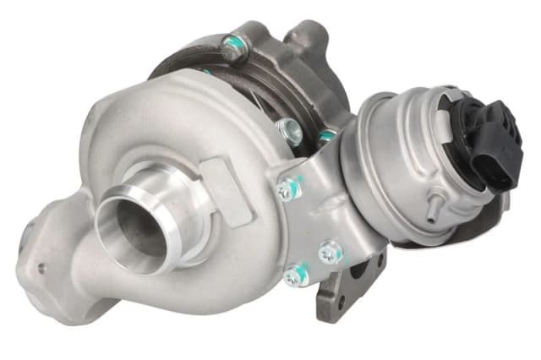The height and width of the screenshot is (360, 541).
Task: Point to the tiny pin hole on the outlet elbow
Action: pyautogui.click(x=42, y=268)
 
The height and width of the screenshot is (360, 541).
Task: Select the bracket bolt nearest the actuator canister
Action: pyautogui.click(x=330, y=252)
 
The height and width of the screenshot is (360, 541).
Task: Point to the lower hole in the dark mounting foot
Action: pyautogui.click(x=341, y=301)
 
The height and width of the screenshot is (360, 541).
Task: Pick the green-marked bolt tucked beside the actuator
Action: pyautogui.click(x=326, y=136)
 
